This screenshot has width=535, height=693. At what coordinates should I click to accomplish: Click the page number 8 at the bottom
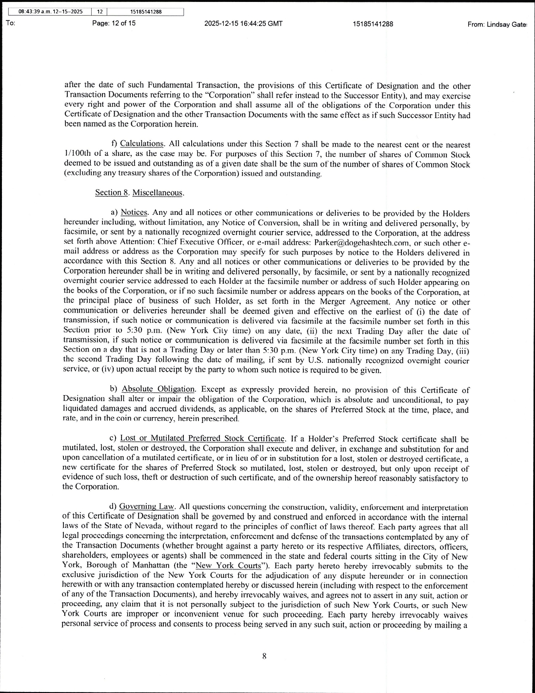[264, 657]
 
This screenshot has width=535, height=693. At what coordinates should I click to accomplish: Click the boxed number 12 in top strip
[99, 12]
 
